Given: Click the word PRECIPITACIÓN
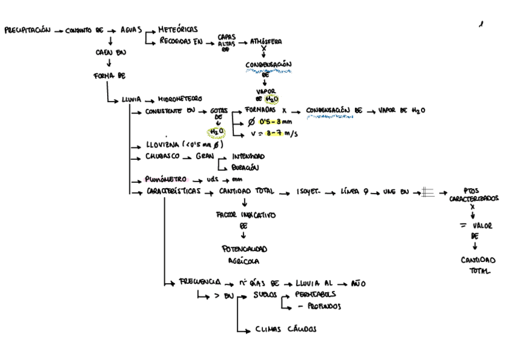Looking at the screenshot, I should [28, 29].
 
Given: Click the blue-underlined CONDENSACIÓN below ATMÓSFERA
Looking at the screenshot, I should [268, 64].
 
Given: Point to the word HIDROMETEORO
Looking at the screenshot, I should [180, 99].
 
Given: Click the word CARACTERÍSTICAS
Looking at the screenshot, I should [173, 192].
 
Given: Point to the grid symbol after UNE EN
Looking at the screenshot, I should [428, 192].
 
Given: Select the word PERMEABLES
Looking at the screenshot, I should [316, 294].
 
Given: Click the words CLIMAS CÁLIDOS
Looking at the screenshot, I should [286, 329].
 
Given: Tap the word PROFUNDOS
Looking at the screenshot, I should [324, 306].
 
